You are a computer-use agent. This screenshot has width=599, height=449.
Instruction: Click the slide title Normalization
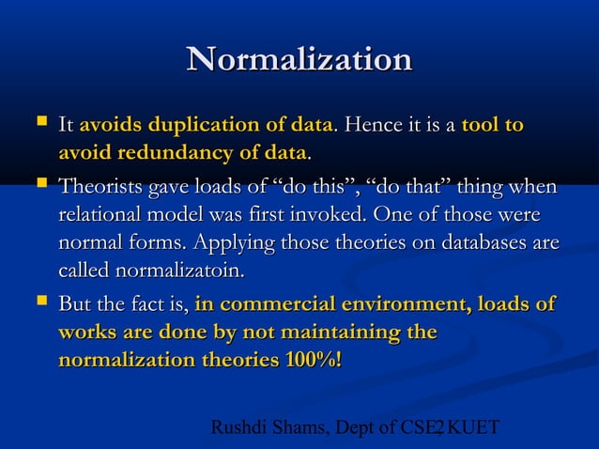pyautogui.click(x=299, y=60)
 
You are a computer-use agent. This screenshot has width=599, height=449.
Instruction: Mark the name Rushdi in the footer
pyautogui.click(x=238, y=429)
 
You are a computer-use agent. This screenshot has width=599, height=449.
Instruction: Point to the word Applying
pyautogui.click(x=225, y=243)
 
